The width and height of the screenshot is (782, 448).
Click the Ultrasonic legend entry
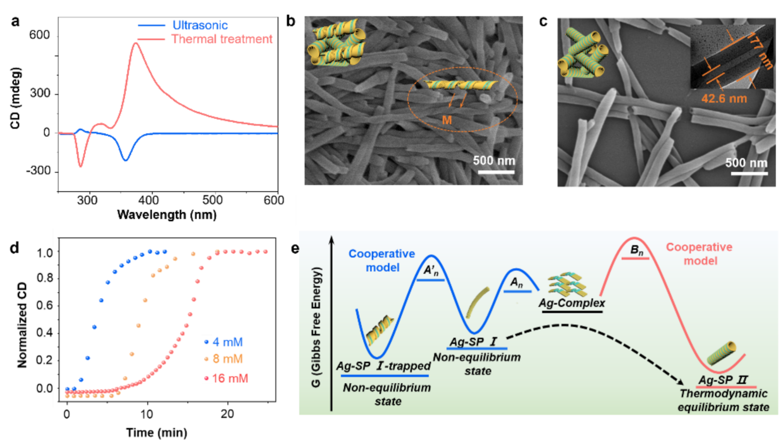click(200, 25)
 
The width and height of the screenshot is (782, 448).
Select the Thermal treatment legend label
click(222, 39)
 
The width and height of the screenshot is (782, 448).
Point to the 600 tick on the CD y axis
click(39, 35)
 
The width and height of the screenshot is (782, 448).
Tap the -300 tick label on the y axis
click(38, 170)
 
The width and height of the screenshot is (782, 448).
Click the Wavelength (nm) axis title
click(167, 215)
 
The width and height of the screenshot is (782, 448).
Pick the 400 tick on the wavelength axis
click(149, 200)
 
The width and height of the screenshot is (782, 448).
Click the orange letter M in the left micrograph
click(447, 120)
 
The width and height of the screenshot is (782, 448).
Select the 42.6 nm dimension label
click(724, 98)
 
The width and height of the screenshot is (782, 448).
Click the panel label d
click(14, 248)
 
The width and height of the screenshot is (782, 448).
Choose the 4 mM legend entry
click(227, 342)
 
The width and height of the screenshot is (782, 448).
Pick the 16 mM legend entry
click(230, 378)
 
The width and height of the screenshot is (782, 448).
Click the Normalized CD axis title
click(22, 324)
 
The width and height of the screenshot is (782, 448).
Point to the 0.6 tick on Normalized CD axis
click(45, 305)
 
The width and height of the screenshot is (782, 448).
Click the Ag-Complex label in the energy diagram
click(572, 303)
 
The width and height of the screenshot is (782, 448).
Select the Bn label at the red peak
click(636, 250)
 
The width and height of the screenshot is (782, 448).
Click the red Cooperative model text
click(699, 254)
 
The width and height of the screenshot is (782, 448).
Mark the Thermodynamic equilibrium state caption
click(723, 400)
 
